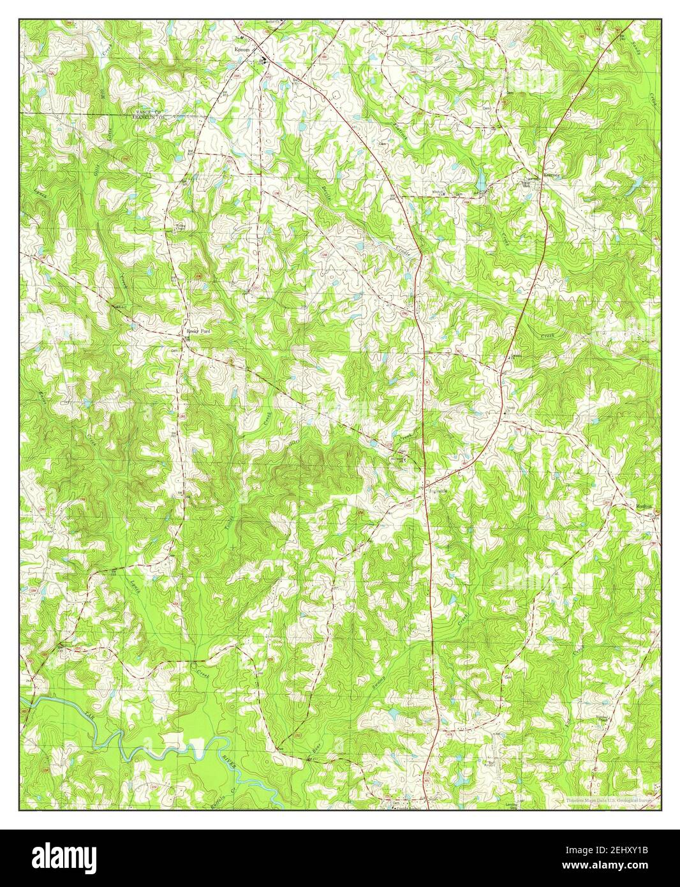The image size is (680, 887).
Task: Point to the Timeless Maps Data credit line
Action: click(x=611, y=800)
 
